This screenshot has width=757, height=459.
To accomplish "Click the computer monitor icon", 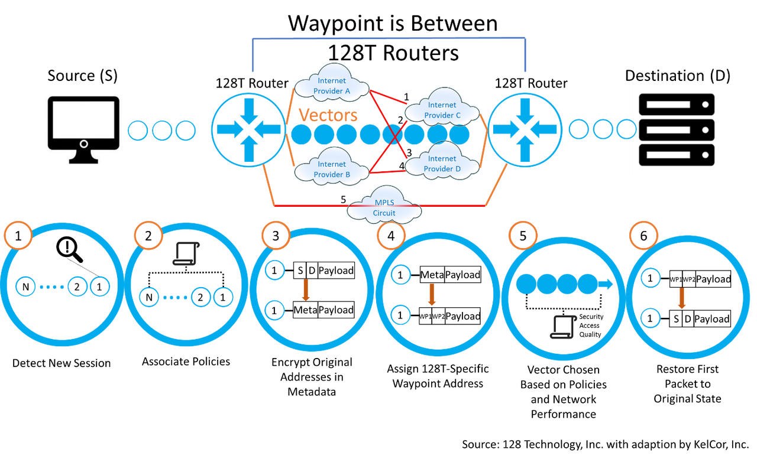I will (83, 129).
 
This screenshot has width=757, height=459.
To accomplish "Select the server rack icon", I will (677, 129).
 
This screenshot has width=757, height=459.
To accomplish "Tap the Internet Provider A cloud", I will (332, 86).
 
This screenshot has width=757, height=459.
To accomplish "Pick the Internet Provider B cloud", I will (332, 169).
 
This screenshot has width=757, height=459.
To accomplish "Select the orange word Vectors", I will (328, 115).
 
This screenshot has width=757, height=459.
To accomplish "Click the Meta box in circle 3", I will (306, 310).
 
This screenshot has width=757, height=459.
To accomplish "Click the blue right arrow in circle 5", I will (606, 284).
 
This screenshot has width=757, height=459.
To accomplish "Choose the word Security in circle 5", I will (591, 317).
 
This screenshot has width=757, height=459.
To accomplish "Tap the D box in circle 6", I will (687, 319).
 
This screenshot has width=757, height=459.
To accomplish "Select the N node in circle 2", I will (149, 297).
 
